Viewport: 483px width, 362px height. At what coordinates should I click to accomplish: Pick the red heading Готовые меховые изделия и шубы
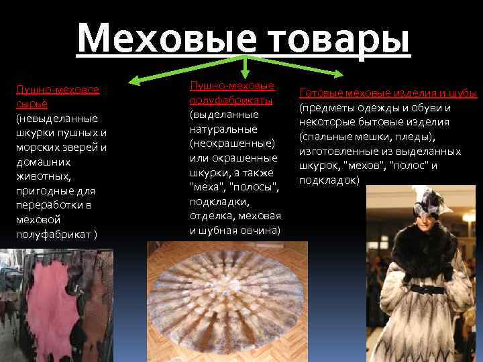tap(388, 93)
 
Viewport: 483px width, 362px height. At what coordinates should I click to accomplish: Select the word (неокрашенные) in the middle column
tap(232, 143)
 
